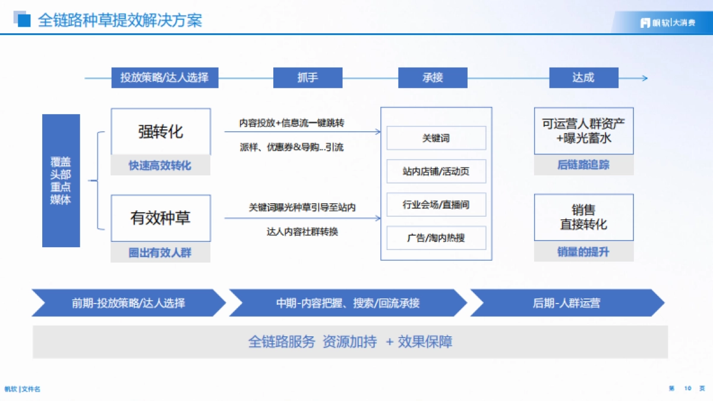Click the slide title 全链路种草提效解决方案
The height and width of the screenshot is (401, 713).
(x=119, y=20)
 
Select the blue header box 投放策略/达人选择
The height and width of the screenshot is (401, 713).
(x=165, y=78)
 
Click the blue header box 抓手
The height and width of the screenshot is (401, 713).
(x=308, y=78)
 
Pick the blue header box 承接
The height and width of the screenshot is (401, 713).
(x=433, y=78)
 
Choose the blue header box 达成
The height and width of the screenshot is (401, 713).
(x=583, y=78)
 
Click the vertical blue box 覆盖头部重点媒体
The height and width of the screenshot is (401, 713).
(x=61, y=181)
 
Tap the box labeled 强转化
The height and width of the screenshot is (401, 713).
(x=160, y=132)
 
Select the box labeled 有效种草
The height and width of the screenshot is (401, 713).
(x=160, y=218)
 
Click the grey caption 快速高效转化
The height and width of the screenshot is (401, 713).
(x=160, y=166)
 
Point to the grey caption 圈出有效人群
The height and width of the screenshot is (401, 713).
(x=160, y=252)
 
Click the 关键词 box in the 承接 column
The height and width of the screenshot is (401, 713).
(x=436, y=138)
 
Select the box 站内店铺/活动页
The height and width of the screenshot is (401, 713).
(x=436, y=171)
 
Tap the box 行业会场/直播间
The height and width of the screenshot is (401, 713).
(x=436, y=204)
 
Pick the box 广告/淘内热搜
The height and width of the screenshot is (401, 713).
(x=436, y=238)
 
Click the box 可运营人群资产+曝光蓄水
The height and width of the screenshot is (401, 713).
(x=583, y=131)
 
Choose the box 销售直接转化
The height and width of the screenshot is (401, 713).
(x=583, y=217)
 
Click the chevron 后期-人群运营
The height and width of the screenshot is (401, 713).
(x=566, y=303)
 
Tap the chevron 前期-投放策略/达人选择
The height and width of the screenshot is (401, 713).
(x=128, y=303)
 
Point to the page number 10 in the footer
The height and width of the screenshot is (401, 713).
(x=687, y=389)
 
